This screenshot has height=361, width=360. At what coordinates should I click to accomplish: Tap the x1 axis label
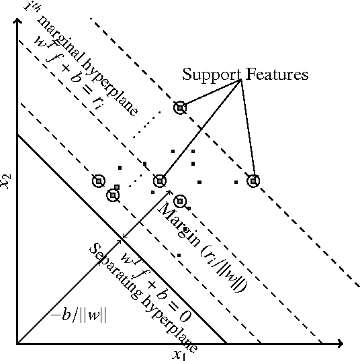[x=179, y=354]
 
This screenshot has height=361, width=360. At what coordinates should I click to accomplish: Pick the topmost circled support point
[x=179, y=107]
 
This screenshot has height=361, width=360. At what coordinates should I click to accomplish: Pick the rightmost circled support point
[x=253, y=180]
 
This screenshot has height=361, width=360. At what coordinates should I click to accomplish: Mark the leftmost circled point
[x=99, y=181]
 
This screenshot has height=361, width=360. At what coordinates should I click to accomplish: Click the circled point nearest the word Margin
[x=179, y=201]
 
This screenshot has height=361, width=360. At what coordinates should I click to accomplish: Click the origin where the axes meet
[x=17, y=344]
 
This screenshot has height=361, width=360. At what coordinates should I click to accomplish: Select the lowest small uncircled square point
[x=179, y=256]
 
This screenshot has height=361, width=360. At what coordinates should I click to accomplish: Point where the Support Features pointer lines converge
[x=240, y=81]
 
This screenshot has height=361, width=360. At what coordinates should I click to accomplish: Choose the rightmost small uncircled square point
[x=236, y=182]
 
